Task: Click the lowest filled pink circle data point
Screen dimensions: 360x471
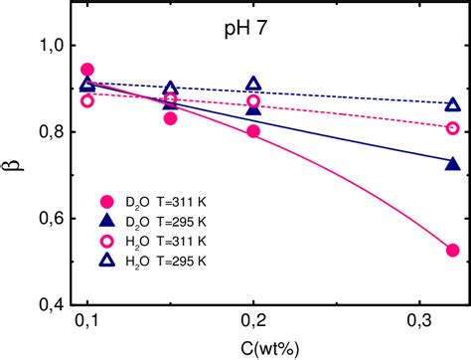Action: coord(453,251)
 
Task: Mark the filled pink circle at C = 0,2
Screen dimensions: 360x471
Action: coord(253,131)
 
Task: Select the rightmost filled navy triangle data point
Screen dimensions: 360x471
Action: coord(453,163)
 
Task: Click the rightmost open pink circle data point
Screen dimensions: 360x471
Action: coord(453,128)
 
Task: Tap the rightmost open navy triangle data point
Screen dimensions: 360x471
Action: coord(453,104)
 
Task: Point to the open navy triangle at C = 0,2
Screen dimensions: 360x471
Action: coord(253,85)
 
